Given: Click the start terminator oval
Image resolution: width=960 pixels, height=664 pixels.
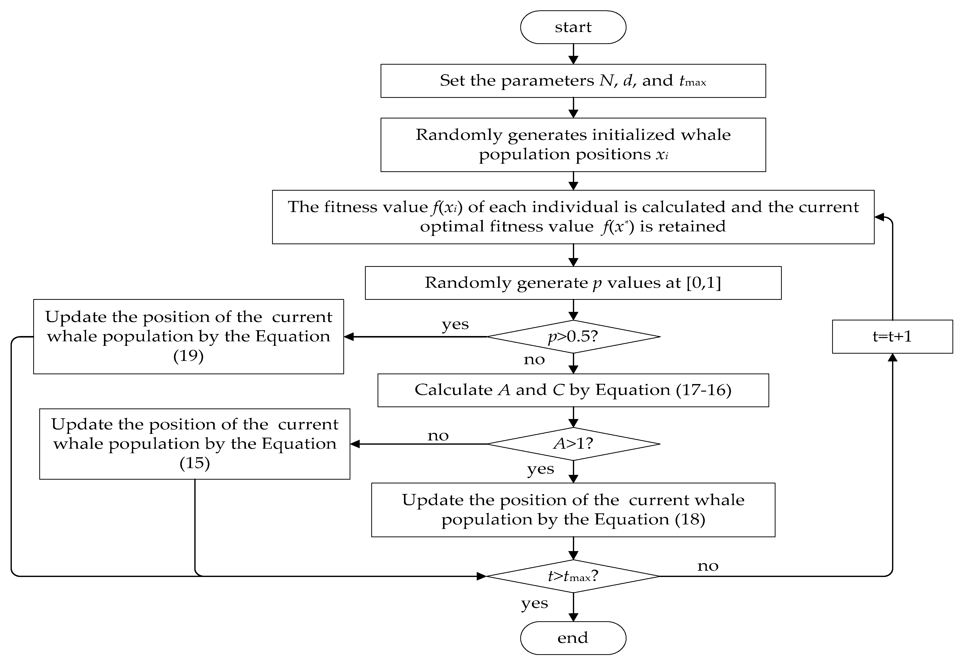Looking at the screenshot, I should pos(573,27).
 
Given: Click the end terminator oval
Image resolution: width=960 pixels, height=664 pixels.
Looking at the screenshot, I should pos(573,638).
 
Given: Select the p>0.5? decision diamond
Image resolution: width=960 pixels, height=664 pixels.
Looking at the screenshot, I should pos(573,336).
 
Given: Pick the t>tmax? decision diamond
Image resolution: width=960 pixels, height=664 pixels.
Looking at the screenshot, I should pos(573,576).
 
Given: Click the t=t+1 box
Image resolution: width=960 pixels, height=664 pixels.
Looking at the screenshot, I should pos(892,336).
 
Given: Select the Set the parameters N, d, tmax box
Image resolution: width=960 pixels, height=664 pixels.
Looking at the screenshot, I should pos(573,81).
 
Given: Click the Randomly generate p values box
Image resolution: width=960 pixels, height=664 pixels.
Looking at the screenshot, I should pos(573,283).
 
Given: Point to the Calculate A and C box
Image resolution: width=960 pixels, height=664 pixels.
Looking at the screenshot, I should pos(573,390).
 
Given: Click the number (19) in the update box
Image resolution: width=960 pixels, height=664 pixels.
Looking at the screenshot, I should pos(188,356).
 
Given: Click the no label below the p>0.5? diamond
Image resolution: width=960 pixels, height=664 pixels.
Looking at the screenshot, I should pos(534,359).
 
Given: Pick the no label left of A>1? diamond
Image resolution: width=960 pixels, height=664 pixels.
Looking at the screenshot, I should pos(438,436).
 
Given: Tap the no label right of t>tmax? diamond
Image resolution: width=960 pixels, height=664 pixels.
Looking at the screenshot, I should pos(708,566).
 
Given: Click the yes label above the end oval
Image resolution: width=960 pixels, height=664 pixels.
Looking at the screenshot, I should pos(534,603).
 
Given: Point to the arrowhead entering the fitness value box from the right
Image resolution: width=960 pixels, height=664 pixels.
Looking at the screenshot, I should pos(878,217).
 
